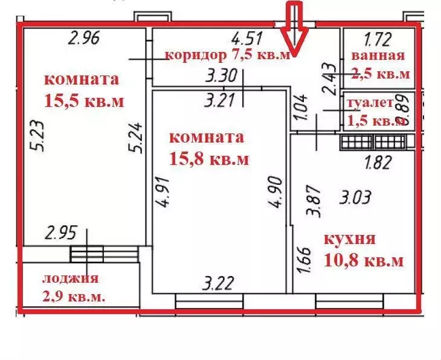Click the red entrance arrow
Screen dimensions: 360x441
pyautogui.click(x=294, y=27)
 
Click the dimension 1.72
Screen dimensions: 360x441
pyautogui.click(x=378, y=41)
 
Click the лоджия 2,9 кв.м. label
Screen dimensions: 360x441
pyautogui.click(x=70, y=288)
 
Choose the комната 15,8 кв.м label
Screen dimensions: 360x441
pyautogui.click(x=206, y=148)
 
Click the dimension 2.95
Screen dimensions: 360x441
pyautogui.click(x=62, y=234)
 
